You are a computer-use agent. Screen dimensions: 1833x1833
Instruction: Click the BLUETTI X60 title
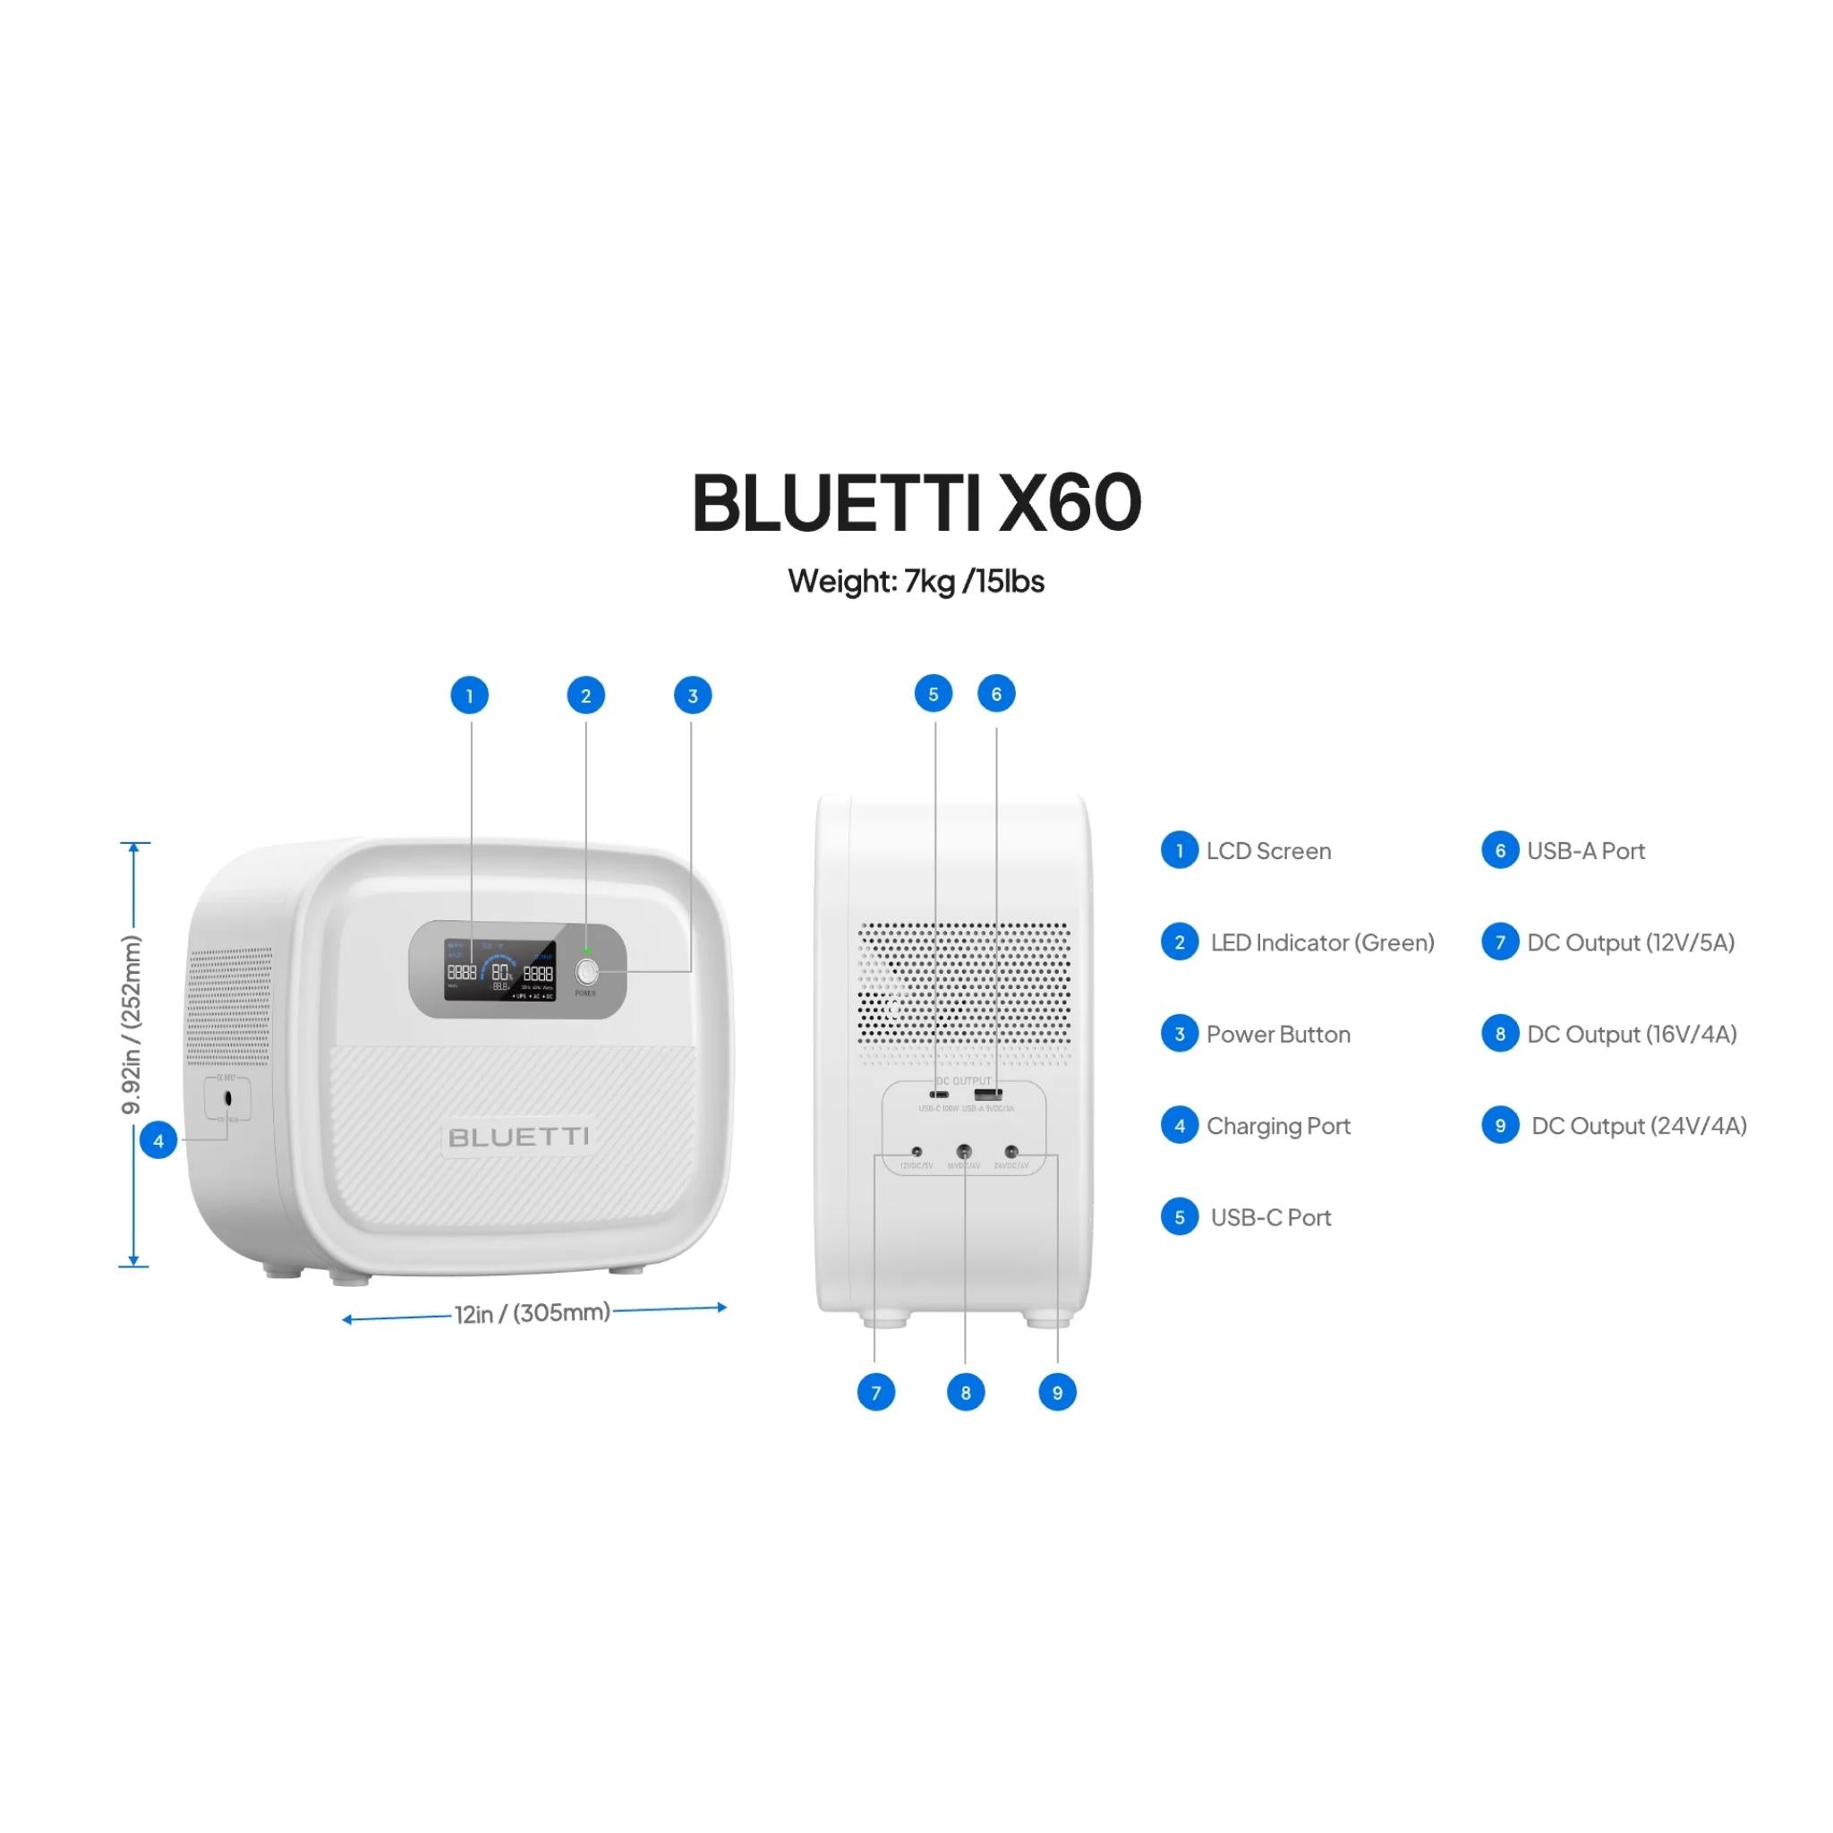tap(916, 502)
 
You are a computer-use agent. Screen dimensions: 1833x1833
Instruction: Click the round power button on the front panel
tap(586, 971)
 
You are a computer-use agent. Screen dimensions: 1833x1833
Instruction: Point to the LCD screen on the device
tap(500, 970)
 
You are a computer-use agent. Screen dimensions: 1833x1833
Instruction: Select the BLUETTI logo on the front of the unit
tap(518, 1137)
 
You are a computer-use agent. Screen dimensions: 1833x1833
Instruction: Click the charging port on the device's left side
tap(227, 1099)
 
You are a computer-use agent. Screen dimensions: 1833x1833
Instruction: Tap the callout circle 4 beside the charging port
tap(158, 1141)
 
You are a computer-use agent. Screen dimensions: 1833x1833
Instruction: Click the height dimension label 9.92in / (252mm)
tap(132, 1025)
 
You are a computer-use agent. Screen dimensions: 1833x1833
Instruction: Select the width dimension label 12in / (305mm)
tap(532, 1313)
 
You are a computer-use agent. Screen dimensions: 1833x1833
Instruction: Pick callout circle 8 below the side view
tap(966, 1393)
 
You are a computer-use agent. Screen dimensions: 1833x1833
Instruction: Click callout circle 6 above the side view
tap(996, 695)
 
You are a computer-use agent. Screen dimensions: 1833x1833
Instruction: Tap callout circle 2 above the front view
tap(585, 695)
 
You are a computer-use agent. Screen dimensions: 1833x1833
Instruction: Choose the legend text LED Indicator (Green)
tap(1322, 942)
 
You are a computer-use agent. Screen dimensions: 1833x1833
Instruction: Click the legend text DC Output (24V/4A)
tap(1639, 1125)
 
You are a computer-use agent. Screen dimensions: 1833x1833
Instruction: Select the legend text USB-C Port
tap(1270, 1217)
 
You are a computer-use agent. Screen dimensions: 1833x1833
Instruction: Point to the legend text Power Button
tap(1278, 1034)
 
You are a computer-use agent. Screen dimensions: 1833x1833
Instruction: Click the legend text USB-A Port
tap(1585, 851)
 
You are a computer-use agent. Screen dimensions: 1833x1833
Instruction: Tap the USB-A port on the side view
tap(988, 1095)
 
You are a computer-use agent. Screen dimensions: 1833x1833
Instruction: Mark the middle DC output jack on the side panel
tap(964, 1152)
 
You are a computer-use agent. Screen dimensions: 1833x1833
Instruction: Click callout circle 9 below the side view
tap(1057, 1393)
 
